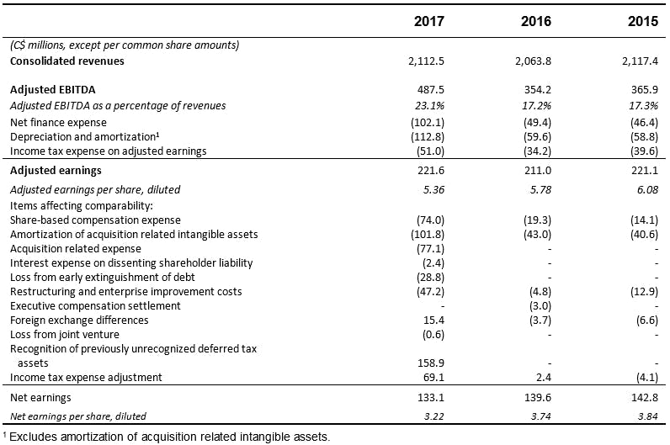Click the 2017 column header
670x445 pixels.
(x=428, y=21)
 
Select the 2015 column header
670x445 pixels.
(x=643, y=21)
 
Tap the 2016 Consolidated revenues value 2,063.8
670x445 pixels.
(x=531, y=61)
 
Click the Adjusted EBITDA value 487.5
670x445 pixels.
(x=430, y=89)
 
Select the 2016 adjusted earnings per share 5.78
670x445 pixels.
(x=540, y=189)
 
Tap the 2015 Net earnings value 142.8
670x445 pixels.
(x=642, y=397)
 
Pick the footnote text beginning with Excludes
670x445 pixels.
(x=168, y=436)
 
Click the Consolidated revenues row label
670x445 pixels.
(x=66, y=61)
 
